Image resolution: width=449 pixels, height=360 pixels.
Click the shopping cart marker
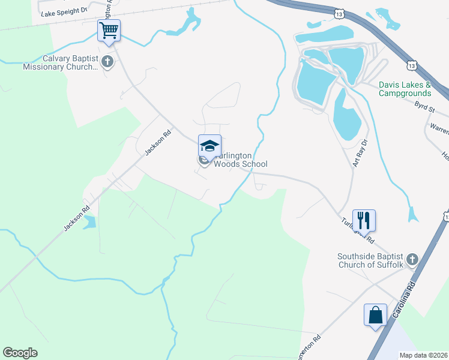[x=109, y=30]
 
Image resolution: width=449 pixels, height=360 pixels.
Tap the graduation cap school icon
[x=209, y=146]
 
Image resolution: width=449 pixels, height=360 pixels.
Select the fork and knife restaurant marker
[x=364, y=220]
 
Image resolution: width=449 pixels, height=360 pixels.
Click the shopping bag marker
[x=375, y=315]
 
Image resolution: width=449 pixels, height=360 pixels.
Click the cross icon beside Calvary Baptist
[x=107, y=61]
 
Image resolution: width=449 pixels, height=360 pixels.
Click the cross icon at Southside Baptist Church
[x=412, y=259]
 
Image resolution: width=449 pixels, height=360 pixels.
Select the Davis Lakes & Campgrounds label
[x=405, y=89]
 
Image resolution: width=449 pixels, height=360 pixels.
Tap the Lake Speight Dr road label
[x=62, y=11]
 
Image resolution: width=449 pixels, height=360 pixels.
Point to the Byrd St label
[x=423, y=106]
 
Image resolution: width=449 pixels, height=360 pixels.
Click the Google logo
[x=20, y=353]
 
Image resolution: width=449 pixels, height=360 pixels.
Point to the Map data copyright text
[x=423, y=355]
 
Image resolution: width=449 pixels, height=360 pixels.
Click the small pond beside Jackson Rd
[x=89, y=223]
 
